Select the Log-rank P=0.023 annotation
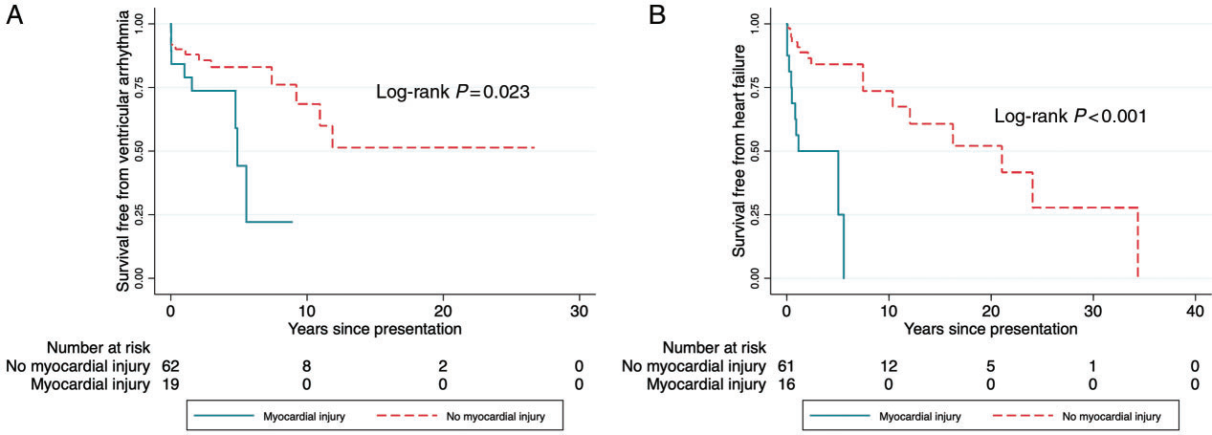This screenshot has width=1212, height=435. click(x=452, y=94)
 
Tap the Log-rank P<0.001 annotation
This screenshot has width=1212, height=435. click(x=1070, y=118)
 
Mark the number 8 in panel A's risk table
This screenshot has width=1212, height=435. click(x=307, y=365)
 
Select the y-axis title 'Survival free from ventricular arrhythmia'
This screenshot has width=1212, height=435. click(x=123, y=153)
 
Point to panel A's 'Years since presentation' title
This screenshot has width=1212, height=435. click(x=375, y=330)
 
